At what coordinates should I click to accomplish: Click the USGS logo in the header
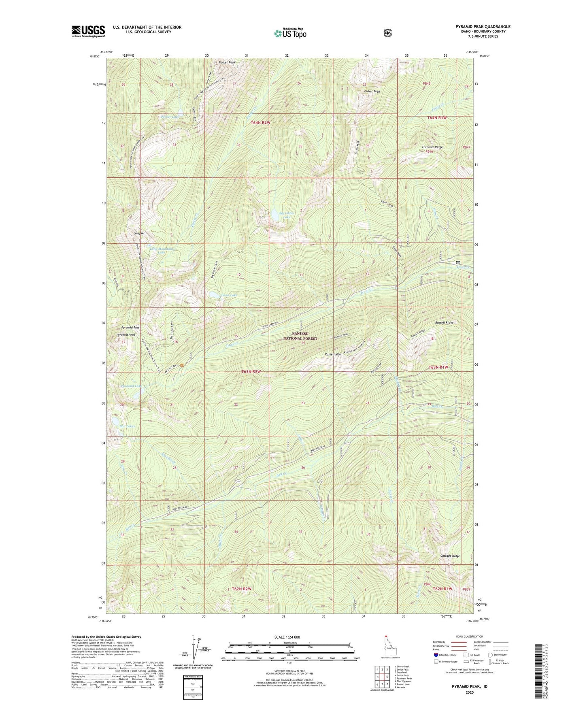pos(88,31)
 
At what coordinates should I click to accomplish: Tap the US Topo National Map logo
pos(289,33)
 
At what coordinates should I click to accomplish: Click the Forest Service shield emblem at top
pos(387,33)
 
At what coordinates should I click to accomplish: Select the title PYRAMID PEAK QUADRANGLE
pos(483,27)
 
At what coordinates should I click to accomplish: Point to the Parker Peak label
pos(227,62)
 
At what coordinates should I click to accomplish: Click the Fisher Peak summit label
pos(372,92)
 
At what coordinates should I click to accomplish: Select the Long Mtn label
pos(140,234)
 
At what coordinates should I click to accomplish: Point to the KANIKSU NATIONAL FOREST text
pos(300,336)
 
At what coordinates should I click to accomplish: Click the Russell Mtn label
pos(332,354)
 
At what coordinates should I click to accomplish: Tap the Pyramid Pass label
pos(130,327)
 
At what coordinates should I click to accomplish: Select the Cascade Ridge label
pos(450,556)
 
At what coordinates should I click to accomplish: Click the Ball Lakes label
pos(127,426)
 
